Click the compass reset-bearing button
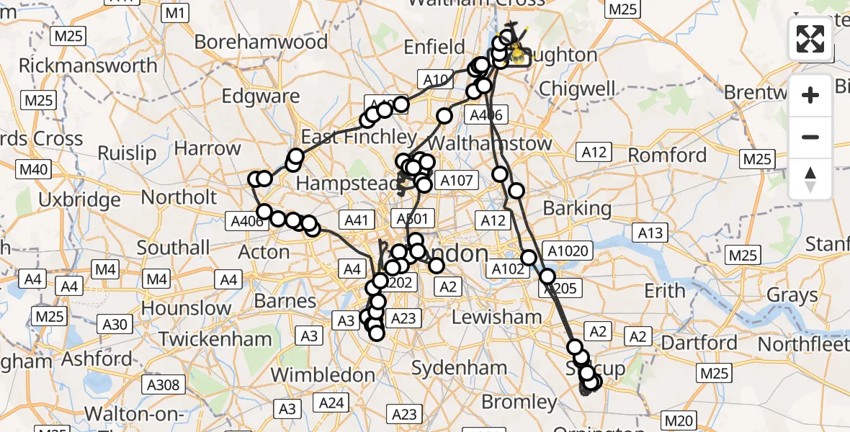[x=811, y=179]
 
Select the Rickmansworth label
[x=88, y=66]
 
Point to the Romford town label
[x=667, y=156]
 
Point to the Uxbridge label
[x=80, y=199]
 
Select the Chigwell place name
[x=577, y=89]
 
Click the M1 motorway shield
[x=176, y=13]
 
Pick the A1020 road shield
[x=568, y=251]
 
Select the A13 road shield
[x=650, y=232]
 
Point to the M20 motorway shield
[x=678, y=420]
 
